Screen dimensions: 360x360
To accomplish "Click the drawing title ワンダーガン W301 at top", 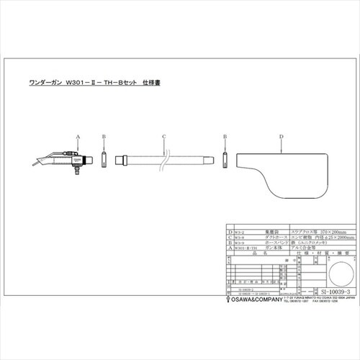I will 112,83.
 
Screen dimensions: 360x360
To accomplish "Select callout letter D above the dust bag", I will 281,135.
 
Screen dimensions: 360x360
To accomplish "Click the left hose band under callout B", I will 104,158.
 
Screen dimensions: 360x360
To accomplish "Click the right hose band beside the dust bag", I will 225,158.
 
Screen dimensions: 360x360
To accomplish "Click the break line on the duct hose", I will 166,158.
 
